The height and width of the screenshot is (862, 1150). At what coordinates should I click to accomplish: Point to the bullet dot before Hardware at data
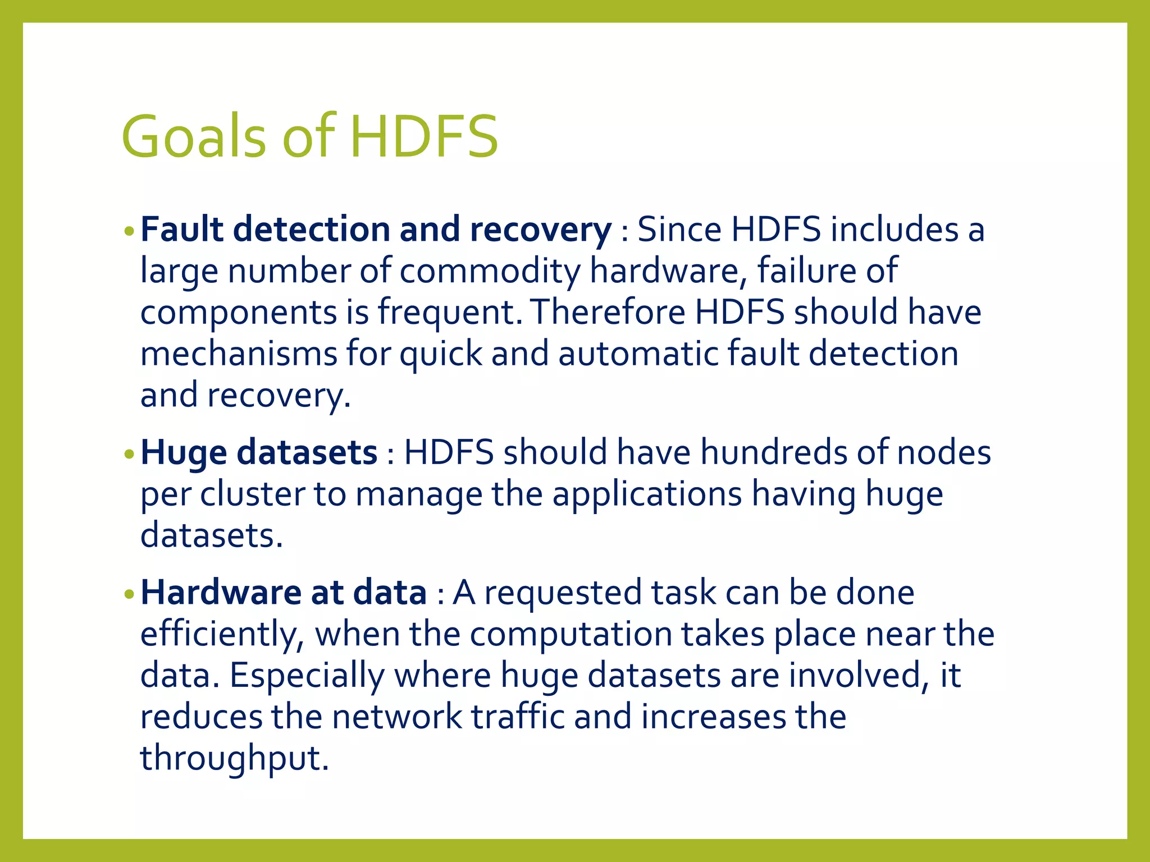129,594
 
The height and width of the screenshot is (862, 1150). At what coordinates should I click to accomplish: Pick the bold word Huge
183,452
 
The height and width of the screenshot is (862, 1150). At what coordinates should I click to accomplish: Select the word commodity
490,270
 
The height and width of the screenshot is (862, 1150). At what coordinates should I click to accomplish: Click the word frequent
452,312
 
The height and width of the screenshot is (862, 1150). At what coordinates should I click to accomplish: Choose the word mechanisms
239,354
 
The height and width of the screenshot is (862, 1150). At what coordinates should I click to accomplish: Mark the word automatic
637,354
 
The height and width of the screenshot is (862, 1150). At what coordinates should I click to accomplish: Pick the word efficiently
222,634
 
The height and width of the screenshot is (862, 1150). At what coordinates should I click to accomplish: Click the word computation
571,634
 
